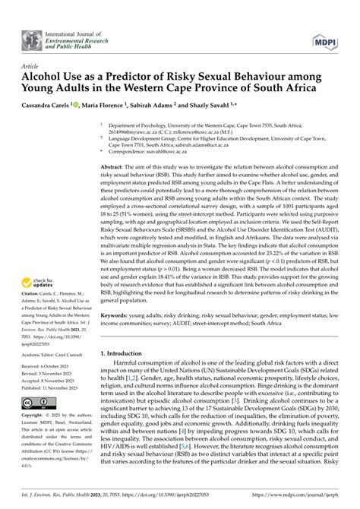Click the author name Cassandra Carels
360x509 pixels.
click(52, 104)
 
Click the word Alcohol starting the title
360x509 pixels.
click(45, 79)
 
